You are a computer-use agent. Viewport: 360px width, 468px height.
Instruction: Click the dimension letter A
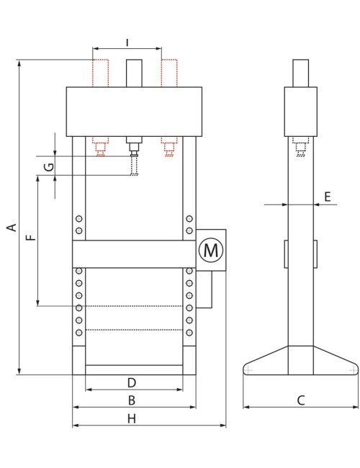12,227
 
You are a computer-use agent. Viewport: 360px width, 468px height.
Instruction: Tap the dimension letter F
30,238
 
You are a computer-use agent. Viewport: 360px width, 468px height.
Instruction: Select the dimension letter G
49,166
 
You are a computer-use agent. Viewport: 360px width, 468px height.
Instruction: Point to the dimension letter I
127,42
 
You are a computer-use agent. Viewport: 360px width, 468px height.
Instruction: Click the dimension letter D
132,382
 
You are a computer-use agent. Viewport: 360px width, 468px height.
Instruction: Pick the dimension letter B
132,400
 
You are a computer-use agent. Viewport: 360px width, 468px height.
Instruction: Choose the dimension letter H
132,419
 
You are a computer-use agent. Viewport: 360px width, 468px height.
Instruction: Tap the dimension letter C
301,400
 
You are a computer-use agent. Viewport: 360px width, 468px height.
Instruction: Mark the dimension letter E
328,197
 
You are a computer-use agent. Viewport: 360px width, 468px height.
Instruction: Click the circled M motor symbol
211,250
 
